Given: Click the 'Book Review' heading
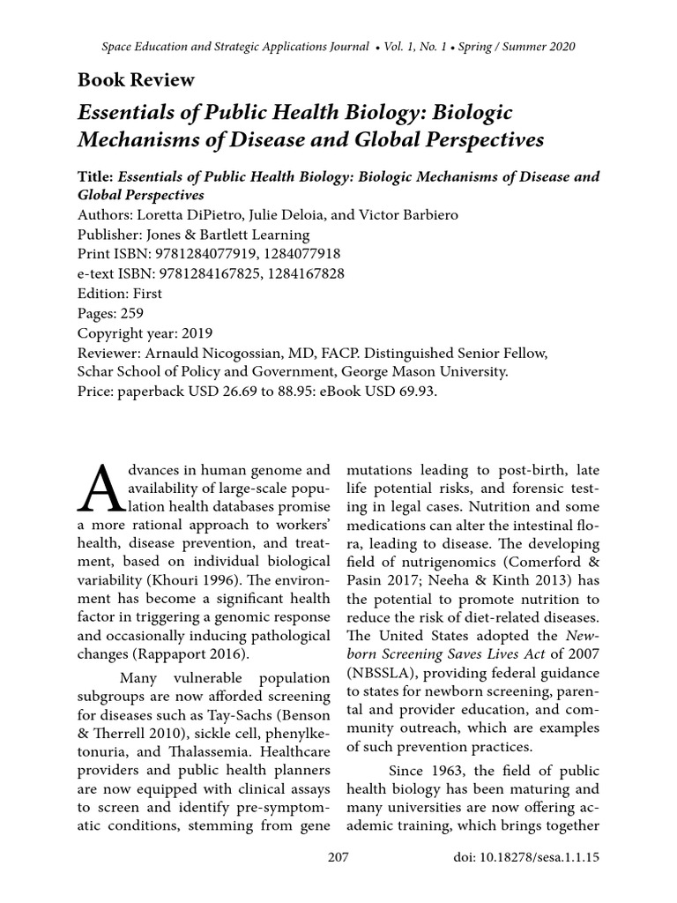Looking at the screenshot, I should click(x=136, y=80).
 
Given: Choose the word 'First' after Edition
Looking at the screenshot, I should click(x=145, y=294).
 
